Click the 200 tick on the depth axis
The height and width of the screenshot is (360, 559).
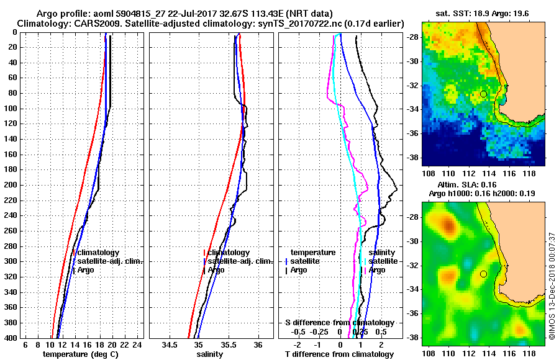(11, 185)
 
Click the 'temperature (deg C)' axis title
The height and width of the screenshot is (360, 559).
(80, 354)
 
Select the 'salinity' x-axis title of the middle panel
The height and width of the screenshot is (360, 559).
(211, 354)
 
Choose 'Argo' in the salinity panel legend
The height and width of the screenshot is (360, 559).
(216, 270)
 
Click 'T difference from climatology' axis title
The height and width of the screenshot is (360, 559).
(339, 354)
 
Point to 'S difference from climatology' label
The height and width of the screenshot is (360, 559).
(339, 323)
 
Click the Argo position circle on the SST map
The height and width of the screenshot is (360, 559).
(483, 94)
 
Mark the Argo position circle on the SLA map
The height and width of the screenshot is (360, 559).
(483, 274)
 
